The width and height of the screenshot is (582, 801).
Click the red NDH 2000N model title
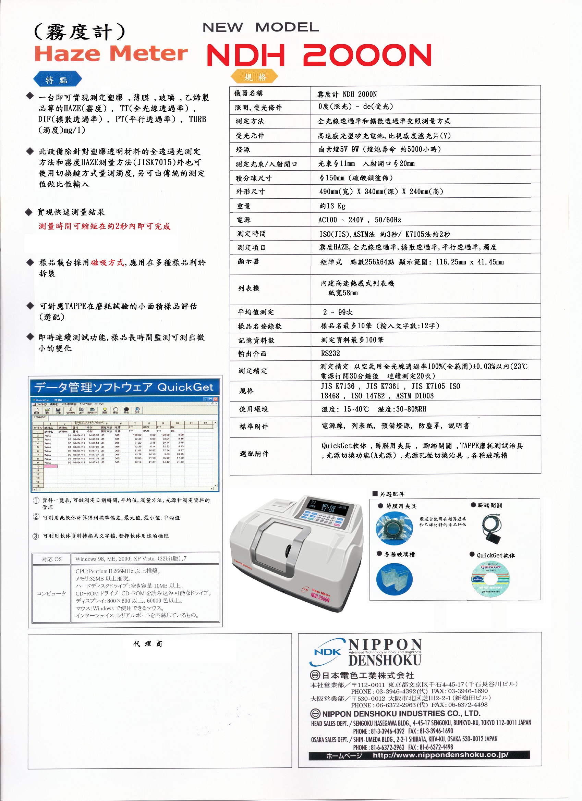pyautogui.click(x=319, y=55)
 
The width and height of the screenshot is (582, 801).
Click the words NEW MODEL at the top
pyautogui.click(x=260, y=27)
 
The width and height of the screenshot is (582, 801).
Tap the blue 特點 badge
pyautogui.click(x=57, y=80)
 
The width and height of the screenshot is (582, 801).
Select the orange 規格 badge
pyautogui.click(x=255, y=77)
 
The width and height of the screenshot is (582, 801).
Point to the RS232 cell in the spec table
pyautogui.click(x=330, y=353)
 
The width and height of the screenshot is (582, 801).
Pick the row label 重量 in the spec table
pyautogui.click(x=244, y=206)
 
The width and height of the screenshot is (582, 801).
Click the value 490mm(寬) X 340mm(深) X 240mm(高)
pyautogui.click(x=381, y=192)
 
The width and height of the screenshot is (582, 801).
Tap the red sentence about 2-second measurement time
pyautogui.click(x=104, y=226)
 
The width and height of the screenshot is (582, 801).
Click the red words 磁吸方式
pyautogui.click(x=107, y=262)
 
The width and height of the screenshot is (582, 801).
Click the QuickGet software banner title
pyautogui.click(x=124, y=387)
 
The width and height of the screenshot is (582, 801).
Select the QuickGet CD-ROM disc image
pyautogui.click(x=490, y=579)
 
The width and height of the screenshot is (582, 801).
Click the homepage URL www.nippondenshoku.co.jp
pyautogui.click(x=440, y=755)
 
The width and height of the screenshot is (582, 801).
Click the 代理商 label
pyautogui.click(x=148, y=644)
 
